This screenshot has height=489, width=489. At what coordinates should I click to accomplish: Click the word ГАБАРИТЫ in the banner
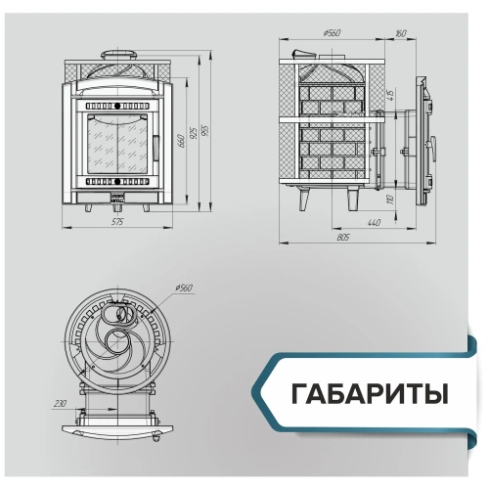click(x=369, y=395)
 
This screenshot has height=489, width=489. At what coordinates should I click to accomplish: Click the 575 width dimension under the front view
click(x=117, y=223)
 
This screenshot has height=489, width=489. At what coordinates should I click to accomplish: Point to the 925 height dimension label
click(x=196, y=131)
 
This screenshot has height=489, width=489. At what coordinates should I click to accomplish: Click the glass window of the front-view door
click(x=117, y=144)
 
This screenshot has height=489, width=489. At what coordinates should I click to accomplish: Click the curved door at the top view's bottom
click(x=117, y=427)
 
